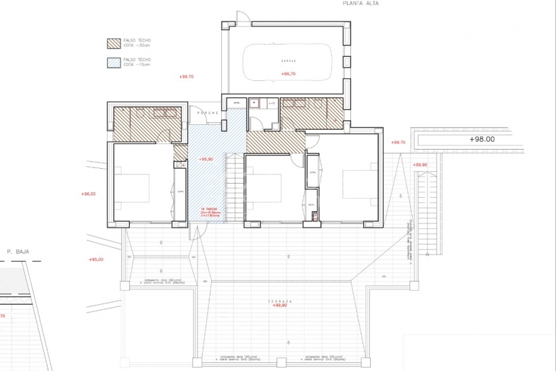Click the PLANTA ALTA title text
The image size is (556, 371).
[x=361, y=3]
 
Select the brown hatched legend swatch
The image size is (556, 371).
[x=114, y=43]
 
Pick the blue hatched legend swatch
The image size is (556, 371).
[x=114, y=62]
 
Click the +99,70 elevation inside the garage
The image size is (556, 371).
[x=288, y=74]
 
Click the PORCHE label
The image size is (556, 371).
[x=204, y=113]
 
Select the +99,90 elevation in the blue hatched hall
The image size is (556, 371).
[x=206, y=159]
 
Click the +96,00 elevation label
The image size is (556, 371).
[x=88, y=194]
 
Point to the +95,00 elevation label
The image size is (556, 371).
[x=96, y=259]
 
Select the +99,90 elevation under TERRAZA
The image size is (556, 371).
[x=281, y=306]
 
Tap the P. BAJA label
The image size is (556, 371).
[x=18, y=252]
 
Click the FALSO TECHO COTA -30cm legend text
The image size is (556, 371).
[x=137, y=43]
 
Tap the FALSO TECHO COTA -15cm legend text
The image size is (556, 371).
[x=137, y=62]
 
